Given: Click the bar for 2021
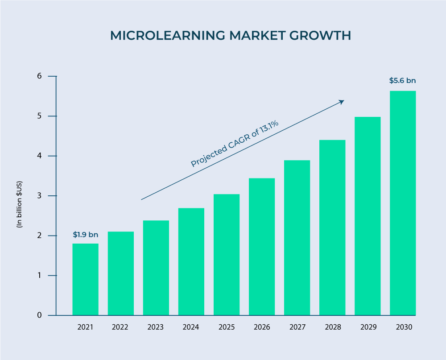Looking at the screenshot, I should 85,279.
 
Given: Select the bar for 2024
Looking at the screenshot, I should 191,262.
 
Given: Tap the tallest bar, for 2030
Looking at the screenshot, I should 403,203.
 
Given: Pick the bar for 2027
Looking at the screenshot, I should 297,238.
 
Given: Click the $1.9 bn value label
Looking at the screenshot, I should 85,235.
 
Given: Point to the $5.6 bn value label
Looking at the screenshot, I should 402,81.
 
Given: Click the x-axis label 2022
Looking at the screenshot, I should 120,327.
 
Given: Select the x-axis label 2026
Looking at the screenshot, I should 262,327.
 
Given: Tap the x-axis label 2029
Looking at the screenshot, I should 368,327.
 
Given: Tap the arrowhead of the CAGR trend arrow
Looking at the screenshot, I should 342,102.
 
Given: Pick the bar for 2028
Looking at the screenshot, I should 332,228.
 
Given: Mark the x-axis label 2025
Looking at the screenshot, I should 227,327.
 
